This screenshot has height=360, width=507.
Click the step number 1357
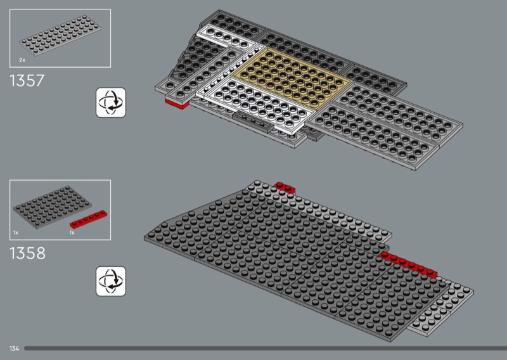point(27,80)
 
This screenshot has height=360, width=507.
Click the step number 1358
point(27,254)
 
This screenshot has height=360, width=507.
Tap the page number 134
point(14,349)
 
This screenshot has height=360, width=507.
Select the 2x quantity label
point(22,60)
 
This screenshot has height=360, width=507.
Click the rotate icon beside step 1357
point(111,103)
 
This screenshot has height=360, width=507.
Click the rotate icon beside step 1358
point(111,281)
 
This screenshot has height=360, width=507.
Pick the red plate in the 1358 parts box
point(89,219)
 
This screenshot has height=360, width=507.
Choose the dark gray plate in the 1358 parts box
point(52,207)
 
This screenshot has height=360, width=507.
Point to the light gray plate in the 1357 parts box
point(60,35)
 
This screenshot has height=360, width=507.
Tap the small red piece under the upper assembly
point(177,103)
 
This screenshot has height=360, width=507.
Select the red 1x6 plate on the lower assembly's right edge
point(409,264)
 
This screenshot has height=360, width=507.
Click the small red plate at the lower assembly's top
point(284,187)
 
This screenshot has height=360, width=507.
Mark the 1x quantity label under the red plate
point(72,232)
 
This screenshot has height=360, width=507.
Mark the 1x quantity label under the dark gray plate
point(15,232)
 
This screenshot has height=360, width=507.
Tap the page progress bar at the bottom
point(266,349)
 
